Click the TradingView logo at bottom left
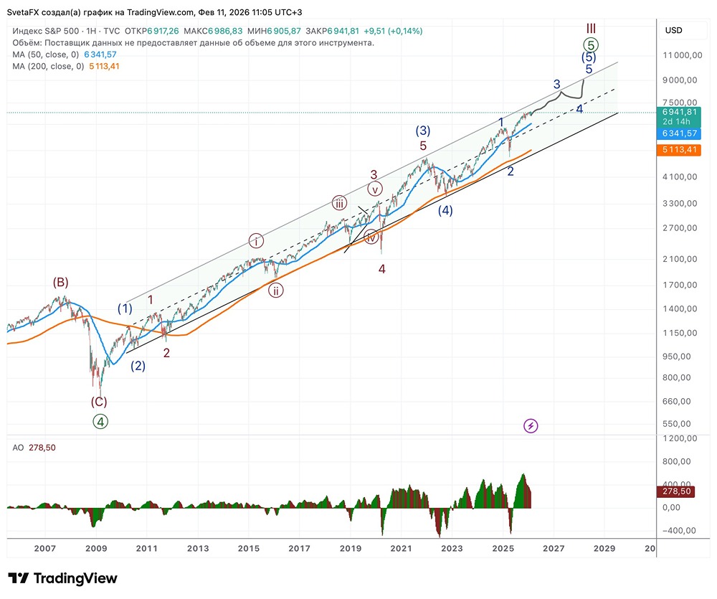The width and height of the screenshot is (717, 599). [62, 578]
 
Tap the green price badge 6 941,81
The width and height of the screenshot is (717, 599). [678, 112]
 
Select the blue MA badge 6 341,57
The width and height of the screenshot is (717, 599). [678, 133]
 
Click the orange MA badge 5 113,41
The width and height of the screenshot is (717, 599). [678, 150]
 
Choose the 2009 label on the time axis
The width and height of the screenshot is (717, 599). [96, 549]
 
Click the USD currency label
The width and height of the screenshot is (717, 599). [674, 31]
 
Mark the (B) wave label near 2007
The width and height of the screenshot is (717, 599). [61, 282]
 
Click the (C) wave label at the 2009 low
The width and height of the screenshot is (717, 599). [99, 402]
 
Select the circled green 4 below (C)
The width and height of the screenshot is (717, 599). [100, 422]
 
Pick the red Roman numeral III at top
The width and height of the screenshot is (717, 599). [591, 28]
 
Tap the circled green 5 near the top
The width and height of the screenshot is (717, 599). [590, 44]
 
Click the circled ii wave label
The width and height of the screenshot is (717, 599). [276, 291]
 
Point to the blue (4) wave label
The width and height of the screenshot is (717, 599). [445, 210]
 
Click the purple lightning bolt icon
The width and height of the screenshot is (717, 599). [531, 425]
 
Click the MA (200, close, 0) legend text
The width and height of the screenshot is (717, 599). [48, 66]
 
